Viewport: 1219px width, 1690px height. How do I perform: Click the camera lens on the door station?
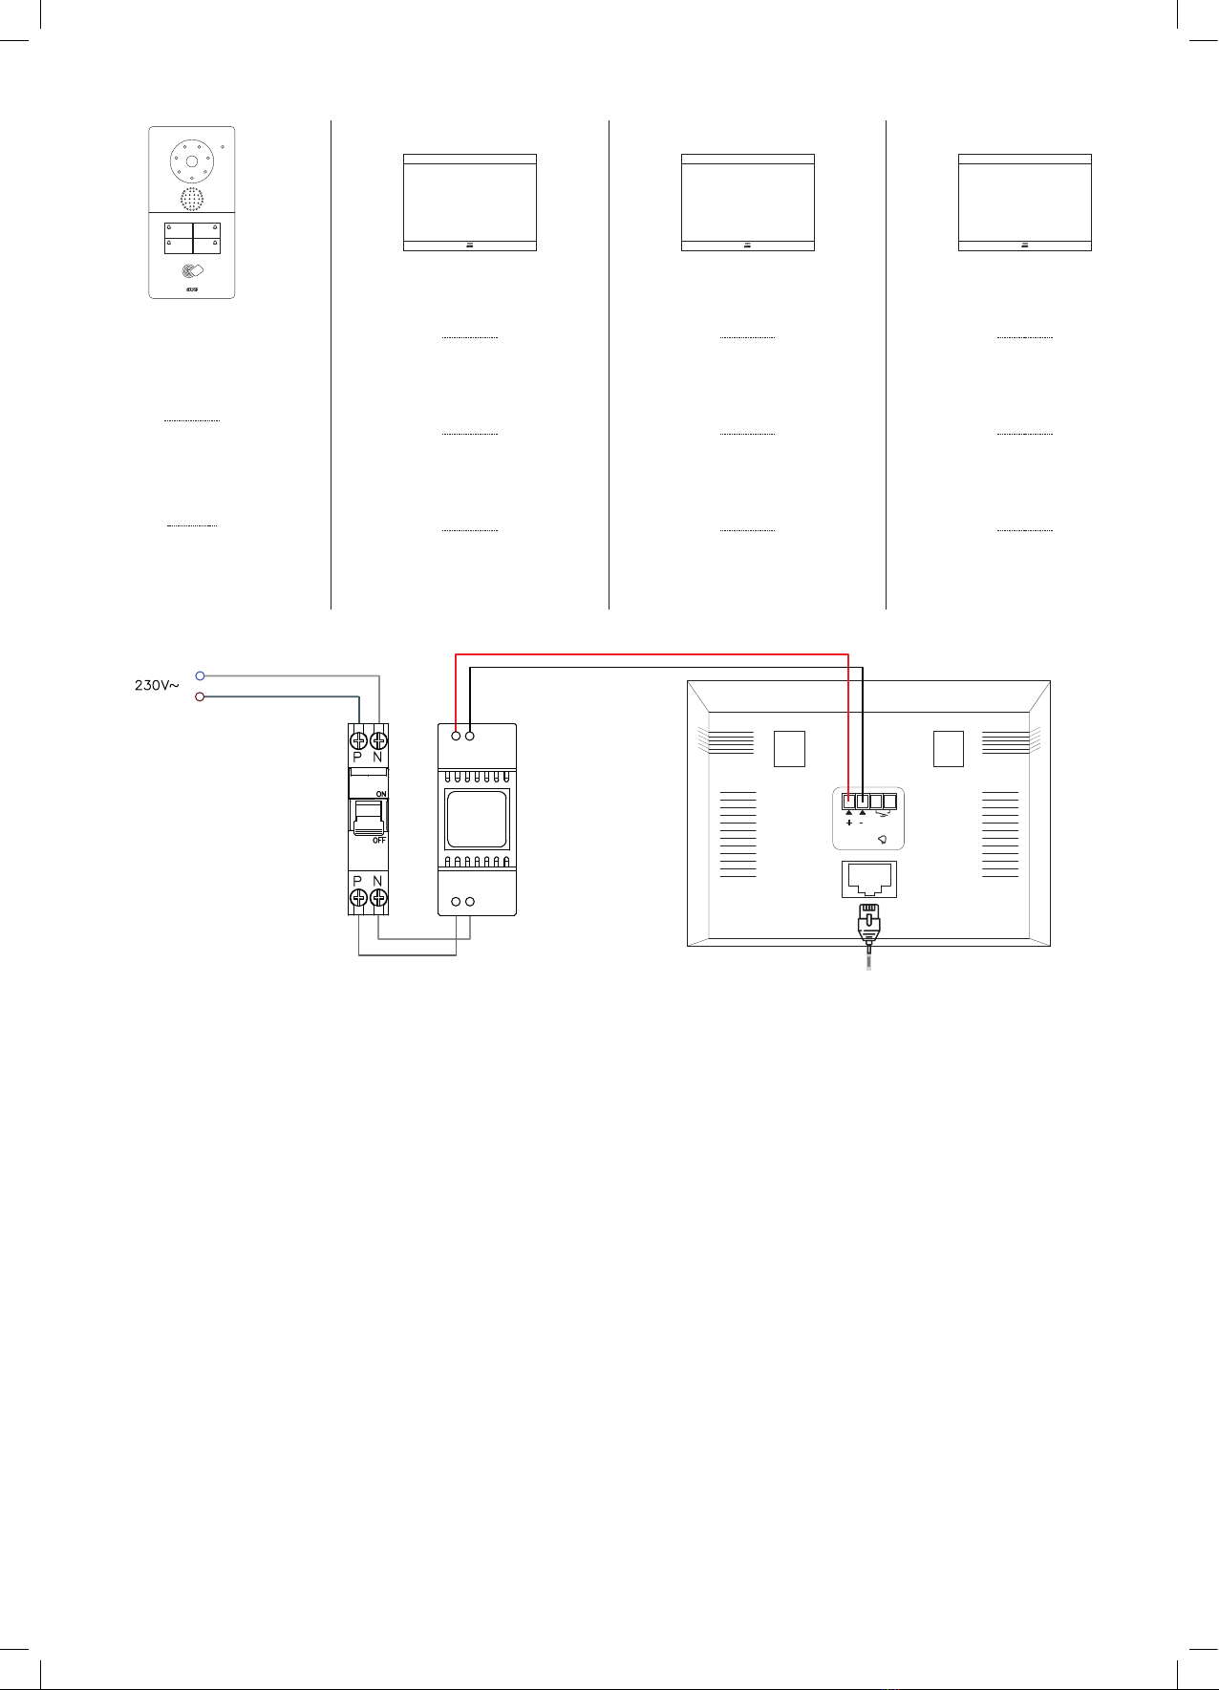tap(191, 162)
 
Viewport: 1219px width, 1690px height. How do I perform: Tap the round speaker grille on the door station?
tap(192, 199)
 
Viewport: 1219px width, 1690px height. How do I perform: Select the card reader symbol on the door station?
tap(191, 271)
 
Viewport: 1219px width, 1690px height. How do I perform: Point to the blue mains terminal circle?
tap(200, 675)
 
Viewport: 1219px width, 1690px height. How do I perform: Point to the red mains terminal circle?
tap(200, 696)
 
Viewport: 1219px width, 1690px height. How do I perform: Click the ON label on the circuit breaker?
tap(380, 795)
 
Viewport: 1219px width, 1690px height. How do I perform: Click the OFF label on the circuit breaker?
tap(379, 840)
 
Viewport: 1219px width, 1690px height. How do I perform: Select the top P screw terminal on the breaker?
tap(359, 739)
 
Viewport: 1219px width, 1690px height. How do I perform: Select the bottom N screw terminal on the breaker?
tap(378, 897)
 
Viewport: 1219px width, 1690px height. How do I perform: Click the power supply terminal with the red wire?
tap(457, 735)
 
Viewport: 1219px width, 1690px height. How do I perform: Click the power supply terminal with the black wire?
tap(470, 735)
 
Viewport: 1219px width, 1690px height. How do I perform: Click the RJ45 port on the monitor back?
tap(869, 879)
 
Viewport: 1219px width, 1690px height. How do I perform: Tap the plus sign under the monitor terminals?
tap(849, 823)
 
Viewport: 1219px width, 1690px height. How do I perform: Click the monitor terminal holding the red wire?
tap(849, 802)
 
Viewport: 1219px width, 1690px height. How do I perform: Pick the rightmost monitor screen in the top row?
tap(1025, 203)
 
